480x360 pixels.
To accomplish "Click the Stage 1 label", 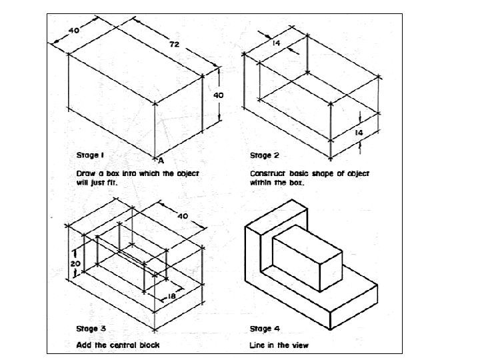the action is coord(89,155).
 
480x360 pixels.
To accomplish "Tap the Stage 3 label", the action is coord(89,328).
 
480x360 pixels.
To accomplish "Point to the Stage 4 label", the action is coord(260,328).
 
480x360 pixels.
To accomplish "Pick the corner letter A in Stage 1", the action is coord(161,160).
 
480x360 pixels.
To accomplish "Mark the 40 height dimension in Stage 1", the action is coord(218,95).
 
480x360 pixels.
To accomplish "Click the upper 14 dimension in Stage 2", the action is coord(275,43).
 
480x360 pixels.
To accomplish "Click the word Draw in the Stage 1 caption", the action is coord(85,172).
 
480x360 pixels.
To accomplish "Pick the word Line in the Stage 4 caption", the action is coord(257,345).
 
